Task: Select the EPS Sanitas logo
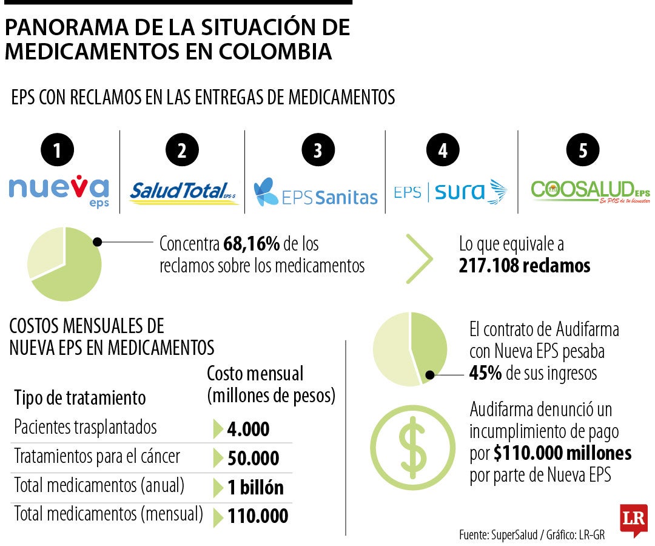(x=315, y=192)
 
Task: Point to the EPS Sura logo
(x=450, y=192)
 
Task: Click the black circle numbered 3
(x=318, y=150)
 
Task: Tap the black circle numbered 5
(x=583, y=150)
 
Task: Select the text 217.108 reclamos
(x=525, y=266)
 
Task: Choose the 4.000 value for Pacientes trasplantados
(x=248, y=430)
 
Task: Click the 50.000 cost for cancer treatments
(x=253, y=458)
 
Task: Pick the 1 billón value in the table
(x=255, y=487)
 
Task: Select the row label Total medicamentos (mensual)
(x=108, y=514)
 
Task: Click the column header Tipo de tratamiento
(x=80, y=398)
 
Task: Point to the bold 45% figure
(x=485, y=372)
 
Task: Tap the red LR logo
(x=633, y=519)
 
